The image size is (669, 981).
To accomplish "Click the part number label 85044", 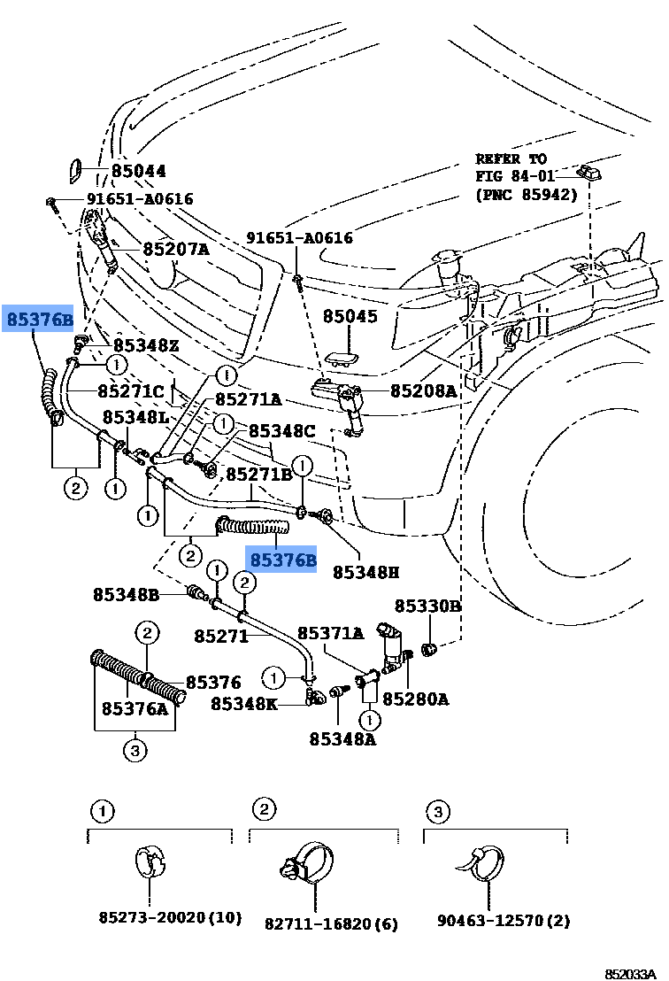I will (138, 172).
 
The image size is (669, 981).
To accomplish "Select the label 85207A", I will (176, 250).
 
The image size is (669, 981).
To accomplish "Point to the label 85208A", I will (423, 390).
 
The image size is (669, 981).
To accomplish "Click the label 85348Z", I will (145, 345).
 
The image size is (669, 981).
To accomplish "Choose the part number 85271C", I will (131, 390).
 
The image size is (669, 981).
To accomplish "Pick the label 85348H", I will (366, 573).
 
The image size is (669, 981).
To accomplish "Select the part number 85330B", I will (427, 606).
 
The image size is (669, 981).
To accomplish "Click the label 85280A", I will (415, 699).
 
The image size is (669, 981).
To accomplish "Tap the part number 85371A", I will (330, 633).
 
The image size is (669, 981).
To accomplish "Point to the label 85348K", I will (243, 704).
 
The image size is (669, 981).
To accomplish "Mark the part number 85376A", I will (135, 708).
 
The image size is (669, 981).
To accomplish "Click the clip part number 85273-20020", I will (169, 918).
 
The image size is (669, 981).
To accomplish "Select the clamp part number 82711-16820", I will (331, 924).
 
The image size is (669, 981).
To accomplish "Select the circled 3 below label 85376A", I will (134, 752).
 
